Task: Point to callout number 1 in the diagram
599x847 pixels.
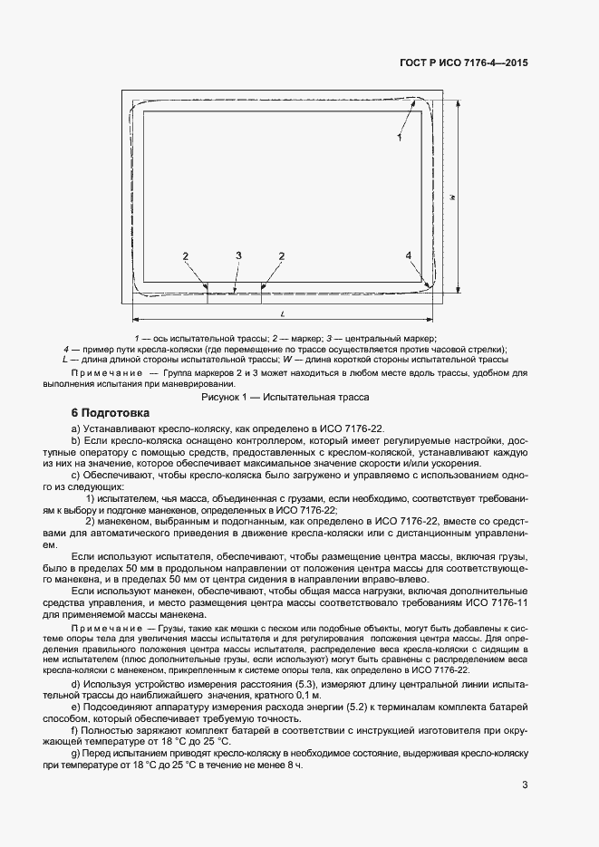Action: point(398,137)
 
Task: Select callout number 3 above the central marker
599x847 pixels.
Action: point(238,256)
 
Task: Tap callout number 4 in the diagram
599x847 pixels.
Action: point(409,256)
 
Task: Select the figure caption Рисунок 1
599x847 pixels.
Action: point(284,396)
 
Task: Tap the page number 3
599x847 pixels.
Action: point(525,785)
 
